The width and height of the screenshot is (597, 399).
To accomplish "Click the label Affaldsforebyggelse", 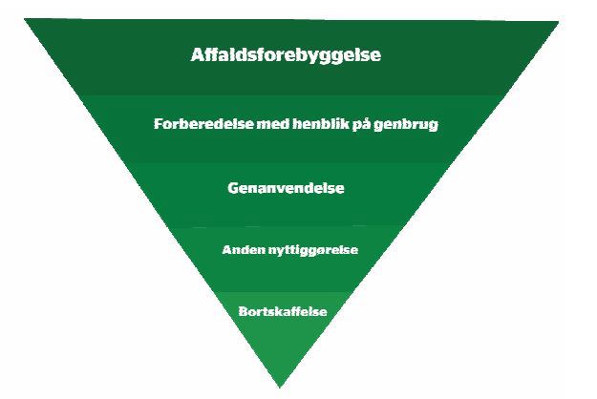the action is pyautogui.click(x=286, y=55).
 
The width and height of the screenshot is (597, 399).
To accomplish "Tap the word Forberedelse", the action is pyautogui.click(x=203, y=124).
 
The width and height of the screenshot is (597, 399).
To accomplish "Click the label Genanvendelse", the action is pyautogui.click(x=286, y=188).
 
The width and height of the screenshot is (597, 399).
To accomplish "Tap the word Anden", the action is pyautogui.click(x=244, y=250).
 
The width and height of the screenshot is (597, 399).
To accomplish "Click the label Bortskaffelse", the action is pyautogui.click(x=283, y=311).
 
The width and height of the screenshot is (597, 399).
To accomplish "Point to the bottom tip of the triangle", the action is pyautogui.click(x=280, y=388).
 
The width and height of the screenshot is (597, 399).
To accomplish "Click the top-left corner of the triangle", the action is pyautogui.click(x=25, y=19).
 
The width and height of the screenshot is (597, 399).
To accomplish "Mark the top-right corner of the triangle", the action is pyautogui.click(x=559, y=22).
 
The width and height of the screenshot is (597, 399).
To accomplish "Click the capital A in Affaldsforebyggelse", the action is pyautogui.click(x=197, y=54).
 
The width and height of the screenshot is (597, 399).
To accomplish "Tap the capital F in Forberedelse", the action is pyautogui.click(x=159, y=124).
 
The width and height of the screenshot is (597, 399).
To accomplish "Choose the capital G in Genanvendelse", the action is pyautogui.click(x=233, y=188).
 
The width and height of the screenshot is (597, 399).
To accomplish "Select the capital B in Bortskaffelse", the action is pyautogui.click(x=244, y=311).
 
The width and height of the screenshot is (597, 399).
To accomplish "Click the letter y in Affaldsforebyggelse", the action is pyautogui.click(x=313, y=57).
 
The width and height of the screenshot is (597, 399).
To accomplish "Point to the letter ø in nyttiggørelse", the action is pyautogui.click(x=325, y=251).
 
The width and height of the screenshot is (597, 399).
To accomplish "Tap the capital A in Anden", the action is pyautogui.click(x=227, y=250).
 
